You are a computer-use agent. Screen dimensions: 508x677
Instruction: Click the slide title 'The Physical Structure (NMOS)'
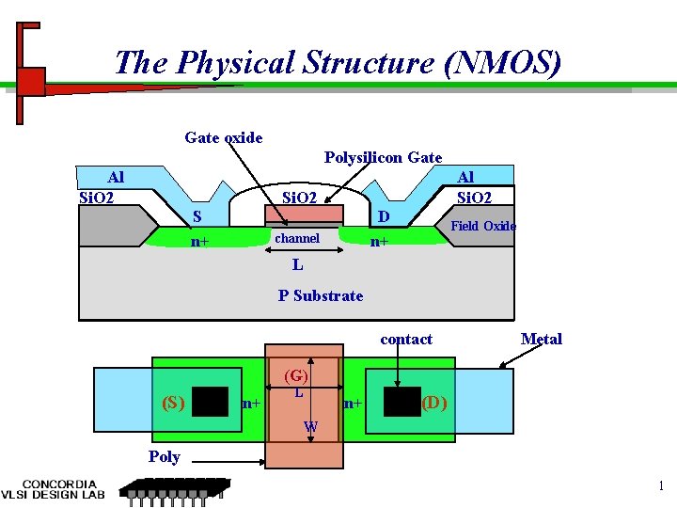click(x=338, y=63)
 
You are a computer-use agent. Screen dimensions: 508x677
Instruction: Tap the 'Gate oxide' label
click(x=224, y=138)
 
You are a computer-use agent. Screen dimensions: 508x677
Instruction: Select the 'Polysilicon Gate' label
click(x=383, y=157)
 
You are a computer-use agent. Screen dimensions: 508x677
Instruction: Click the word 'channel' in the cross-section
click(x=296, y=238)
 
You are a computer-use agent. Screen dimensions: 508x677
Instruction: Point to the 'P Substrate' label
click(x=320, y=295)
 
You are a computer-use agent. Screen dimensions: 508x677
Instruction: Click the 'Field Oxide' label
click(x=483, y=226)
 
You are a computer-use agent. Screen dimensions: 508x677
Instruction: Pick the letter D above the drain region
click(x=383, y=217)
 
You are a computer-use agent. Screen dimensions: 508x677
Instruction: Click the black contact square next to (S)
click(x=211, y=402)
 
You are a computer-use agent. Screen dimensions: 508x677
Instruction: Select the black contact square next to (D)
click(x=401, y=402)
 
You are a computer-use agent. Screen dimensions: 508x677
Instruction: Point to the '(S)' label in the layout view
click(x=173, y=403)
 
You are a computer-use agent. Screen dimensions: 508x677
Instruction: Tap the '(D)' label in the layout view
click(x=433, y=403)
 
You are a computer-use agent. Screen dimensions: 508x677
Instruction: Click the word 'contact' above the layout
click(x=406, y=339)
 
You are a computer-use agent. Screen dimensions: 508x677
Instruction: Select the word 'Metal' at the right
click(x=542, y=339)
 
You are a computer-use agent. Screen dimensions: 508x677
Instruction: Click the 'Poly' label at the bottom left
click(x=164, y=457)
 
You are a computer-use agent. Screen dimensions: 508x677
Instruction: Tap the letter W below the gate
click(x=310, y=429)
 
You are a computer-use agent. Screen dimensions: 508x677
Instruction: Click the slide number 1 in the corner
click(x=661, y=486)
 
